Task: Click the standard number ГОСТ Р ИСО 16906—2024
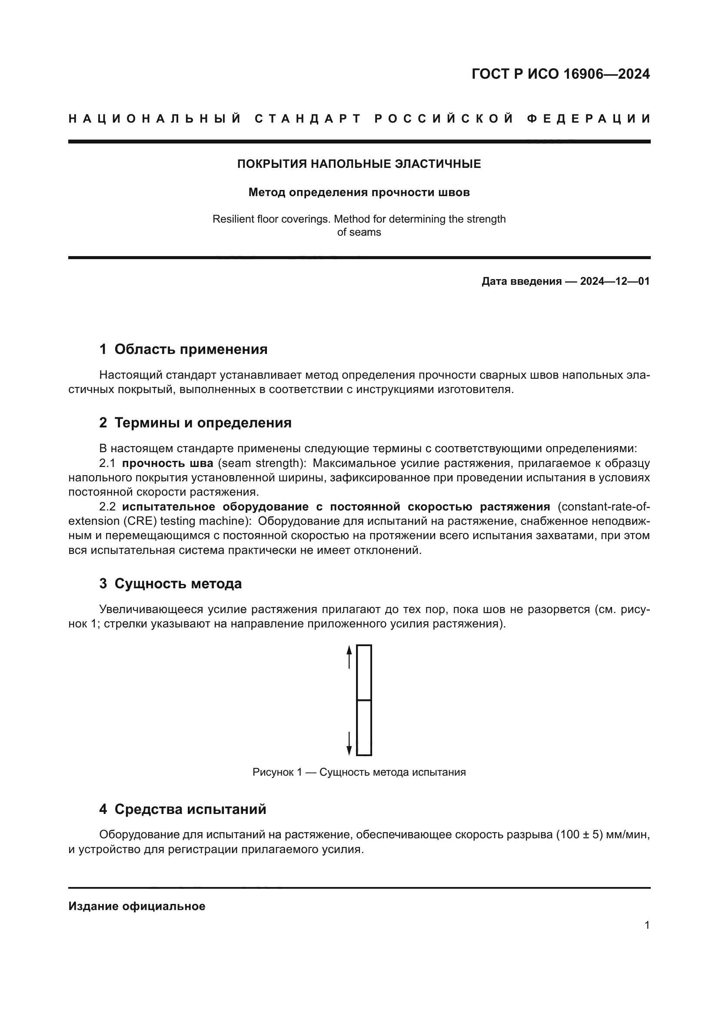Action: coord(560,74)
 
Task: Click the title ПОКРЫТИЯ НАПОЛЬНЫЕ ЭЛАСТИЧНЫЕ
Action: coord(359,164)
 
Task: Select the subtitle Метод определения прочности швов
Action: coord(359,192)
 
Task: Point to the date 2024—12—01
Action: coord(615,281)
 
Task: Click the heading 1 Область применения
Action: coord(183,349)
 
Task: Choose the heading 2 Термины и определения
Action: coord(195,423)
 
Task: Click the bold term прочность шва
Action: coord(168,463)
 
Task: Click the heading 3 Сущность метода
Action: coord(170,584)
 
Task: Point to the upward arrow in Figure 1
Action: coord(349,657)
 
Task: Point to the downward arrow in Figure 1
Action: coord(349,744)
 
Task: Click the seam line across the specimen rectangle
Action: coord(364,700)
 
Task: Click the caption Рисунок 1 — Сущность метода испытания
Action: coord(359,772)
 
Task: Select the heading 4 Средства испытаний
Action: coord(183,809)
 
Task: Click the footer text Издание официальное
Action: coord(137,906)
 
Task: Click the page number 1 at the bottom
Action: coord(647,925)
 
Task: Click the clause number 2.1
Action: coord(107,463)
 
